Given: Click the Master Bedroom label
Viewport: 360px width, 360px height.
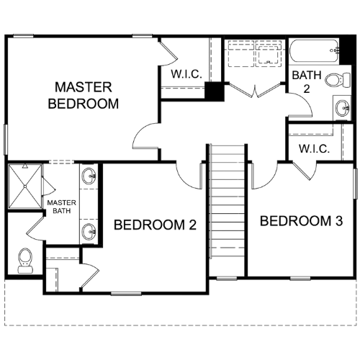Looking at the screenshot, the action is tap(84, 95).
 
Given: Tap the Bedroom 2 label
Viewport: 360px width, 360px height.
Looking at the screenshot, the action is tap(155, 225).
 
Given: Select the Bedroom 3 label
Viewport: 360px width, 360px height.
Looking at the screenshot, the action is tap(301, 221).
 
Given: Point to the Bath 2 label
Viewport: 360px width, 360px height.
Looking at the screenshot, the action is tap(307, 82).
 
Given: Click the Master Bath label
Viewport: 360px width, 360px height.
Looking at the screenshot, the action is tap(61, 207).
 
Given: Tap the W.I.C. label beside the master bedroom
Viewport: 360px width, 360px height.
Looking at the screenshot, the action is tap(186, 73).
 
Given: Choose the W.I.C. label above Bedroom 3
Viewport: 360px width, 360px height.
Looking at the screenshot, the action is tap(314, 149).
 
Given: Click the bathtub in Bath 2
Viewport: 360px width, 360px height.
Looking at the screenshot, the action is tap(315, 51).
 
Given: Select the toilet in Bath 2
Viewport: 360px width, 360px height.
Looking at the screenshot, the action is tap(338, 79).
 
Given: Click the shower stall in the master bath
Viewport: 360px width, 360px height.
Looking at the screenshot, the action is tap(25, 186).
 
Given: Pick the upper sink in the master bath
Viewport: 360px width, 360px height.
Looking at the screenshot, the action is tap(89, 176).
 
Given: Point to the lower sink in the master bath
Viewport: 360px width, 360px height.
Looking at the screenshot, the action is tap(89, 232).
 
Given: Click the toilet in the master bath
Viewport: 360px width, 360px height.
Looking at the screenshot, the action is tap(25, 261).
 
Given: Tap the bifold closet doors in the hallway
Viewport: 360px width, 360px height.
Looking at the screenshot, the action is tap(255, 90).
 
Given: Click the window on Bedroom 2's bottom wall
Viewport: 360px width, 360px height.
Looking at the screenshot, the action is tap(126, 293).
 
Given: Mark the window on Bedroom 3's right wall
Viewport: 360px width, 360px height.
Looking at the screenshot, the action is tap(356, 184).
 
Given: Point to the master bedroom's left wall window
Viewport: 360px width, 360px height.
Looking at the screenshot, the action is tap(6, 140).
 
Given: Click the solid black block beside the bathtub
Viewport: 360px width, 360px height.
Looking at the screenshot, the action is tap(348, 50).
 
